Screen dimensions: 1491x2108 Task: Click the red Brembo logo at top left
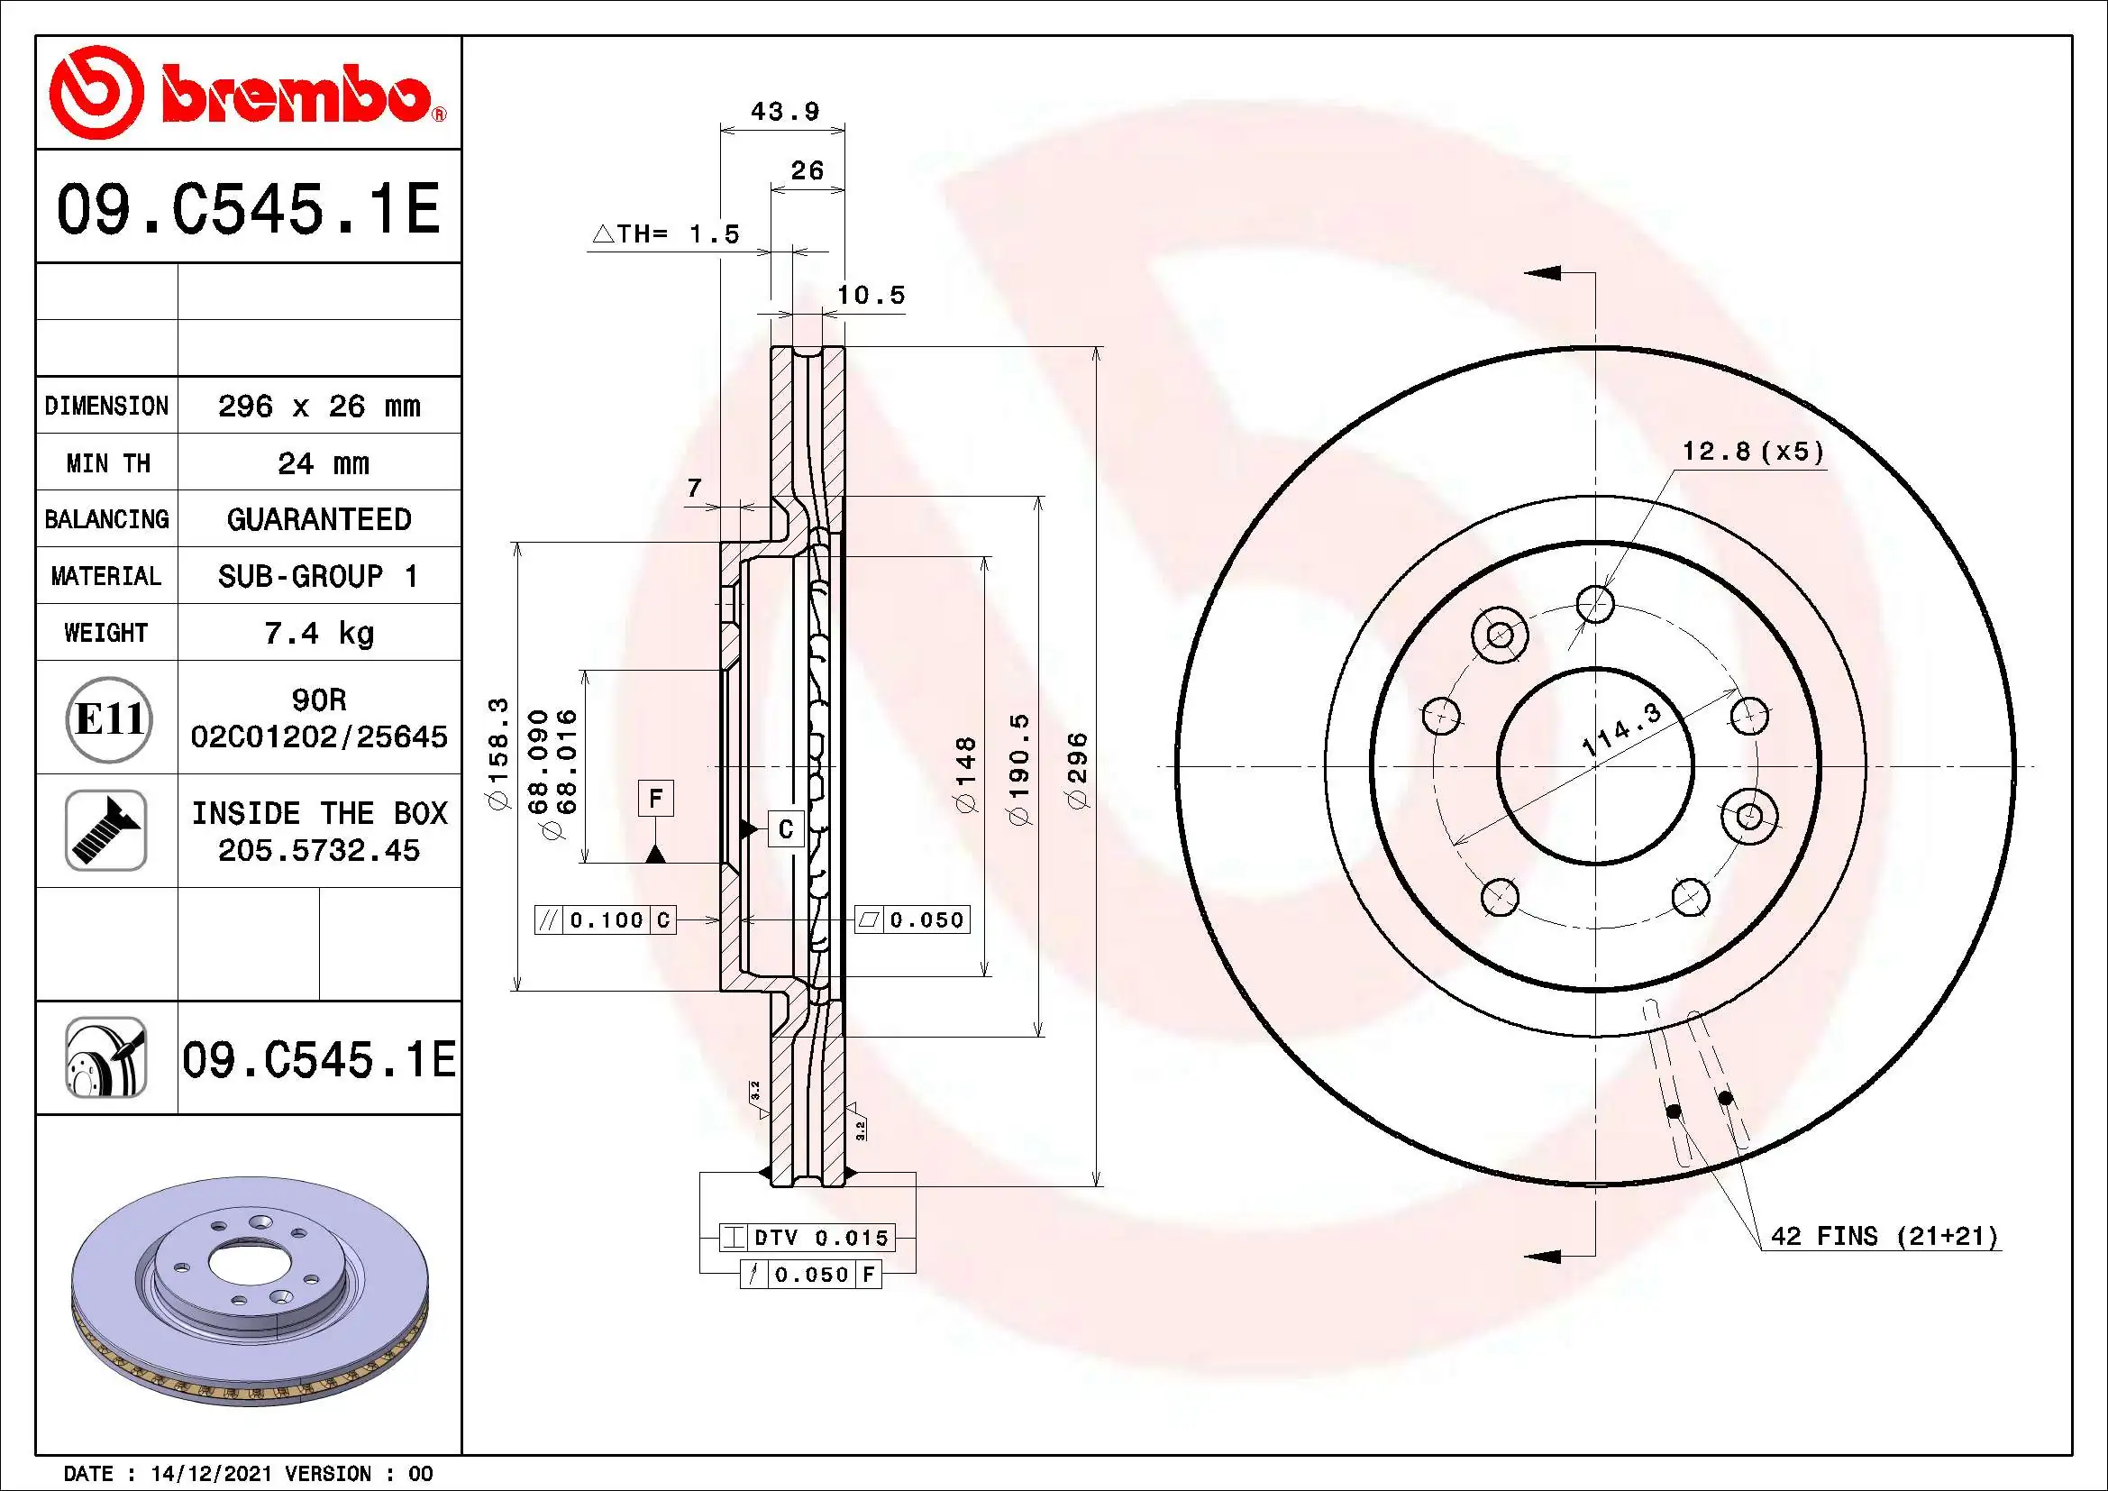246,94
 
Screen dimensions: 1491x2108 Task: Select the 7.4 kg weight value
318,633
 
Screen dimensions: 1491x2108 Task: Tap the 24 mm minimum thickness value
323,462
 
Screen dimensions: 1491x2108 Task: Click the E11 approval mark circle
108,718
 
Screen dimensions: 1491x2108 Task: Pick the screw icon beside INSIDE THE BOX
106,830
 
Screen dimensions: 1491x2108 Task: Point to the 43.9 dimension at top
784,112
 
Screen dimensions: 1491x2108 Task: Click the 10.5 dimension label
871,296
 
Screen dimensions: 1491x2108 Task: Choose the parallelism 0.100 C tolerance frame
605,920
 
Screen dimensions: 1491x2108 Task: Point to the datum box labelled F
655,798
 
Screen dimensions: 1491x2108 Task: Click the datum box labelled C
785,829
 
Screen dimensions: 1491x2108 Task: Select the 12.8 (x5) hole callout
1752,452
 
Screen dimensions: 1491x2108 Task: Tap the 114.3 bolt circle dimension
1621,730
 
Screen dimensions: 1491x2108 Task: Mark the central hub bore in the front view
1595,766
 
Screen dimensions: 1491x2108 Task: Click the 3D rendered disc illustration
250,1290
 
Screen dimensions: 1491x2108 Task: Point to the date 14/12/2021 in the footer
211,1474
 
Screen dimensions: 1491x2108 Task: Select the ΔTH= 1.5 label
666,234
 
